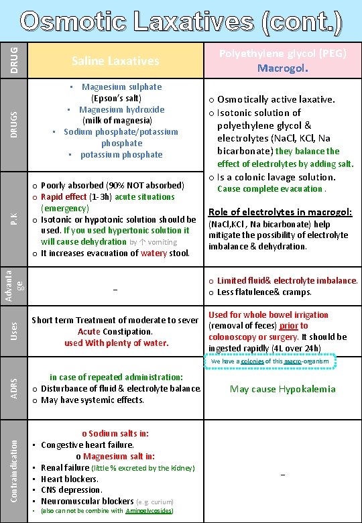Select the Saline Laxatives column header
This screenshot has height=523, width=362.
tap(115, 61)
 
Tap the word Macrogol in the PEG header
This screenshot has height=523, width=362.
tap(280, 68)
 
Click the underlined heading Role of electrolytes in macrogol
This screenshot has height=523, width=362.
tap(280, 212)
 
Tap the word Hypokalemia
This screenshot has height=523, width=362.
tap(307, 389)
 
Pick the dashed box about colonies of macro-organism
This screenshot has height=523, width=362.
tap(268, 362)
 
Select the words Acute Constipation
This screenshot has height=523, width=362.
tap(115, 332)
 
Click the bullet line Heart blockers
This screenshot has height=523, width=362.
tap(70, 479)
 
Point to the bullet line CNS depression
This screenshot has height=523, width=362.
tap(71, 490)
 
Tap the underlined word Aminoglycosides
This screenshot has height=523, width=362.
tap(151, 511)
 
